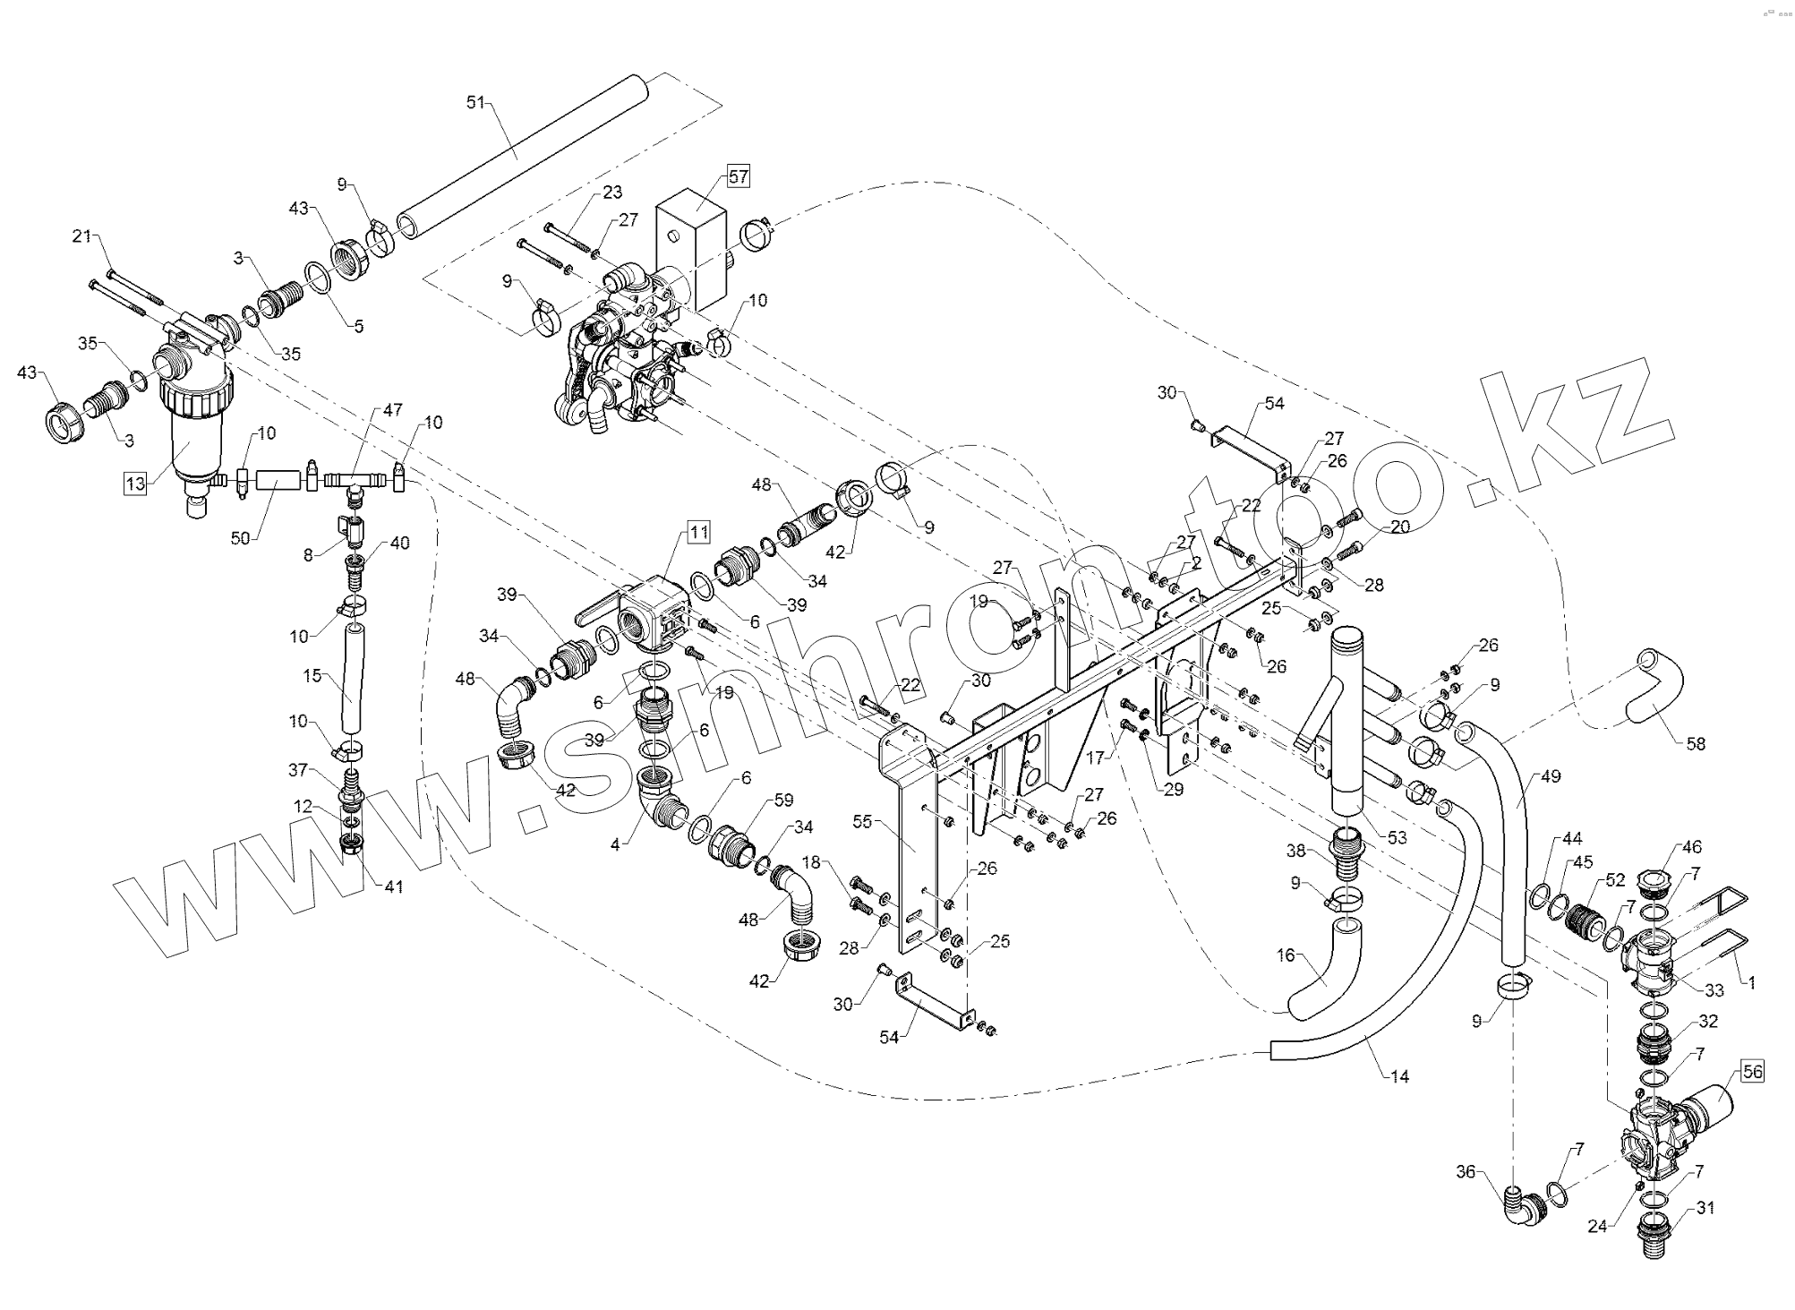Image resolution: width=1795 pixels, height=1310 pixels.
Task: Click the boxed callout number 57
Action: [x=738, y=176]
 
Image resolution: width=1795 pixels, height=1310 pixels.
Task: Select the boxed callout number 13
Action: [x=135, y=484]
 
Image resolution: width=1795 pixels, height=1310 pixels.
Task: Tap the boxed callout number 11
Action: [x=698, y=533]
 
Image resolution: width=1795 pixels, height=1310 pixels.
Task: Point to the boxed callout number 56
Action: [x=1752, y=1072]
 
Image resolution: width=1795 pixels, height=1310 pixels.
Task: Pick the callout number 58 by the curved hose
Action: [x=1696, y=743]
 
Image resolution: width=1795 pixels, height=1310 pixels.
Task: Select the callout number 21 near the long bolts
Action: [x=82, y=236]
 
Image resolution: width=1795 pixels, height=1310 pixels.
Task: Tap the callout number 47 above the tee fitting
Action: [x=393, y=410]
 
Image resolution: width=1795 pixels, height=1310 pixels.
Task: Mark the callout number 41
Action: [x=394, y=886]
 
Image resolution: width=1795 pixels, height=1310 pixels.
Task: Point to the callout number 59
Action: [x=783, y=800]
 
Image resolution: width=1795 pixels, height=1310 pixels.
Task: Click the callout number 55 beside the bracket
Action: [x=862, y=822]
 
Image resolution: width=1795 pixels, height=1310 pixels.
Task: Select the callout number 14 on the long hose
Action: [x=1400, y=1077]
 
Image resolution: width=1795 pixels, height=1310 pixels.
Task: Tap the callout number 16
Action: [x=1286, y=955]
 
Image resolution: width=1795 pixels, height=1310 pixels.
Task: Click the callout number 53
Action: [x=1397, y=837]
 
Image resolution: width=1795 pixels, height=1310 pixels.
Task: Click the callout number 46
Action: [x=1691, y=847]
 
